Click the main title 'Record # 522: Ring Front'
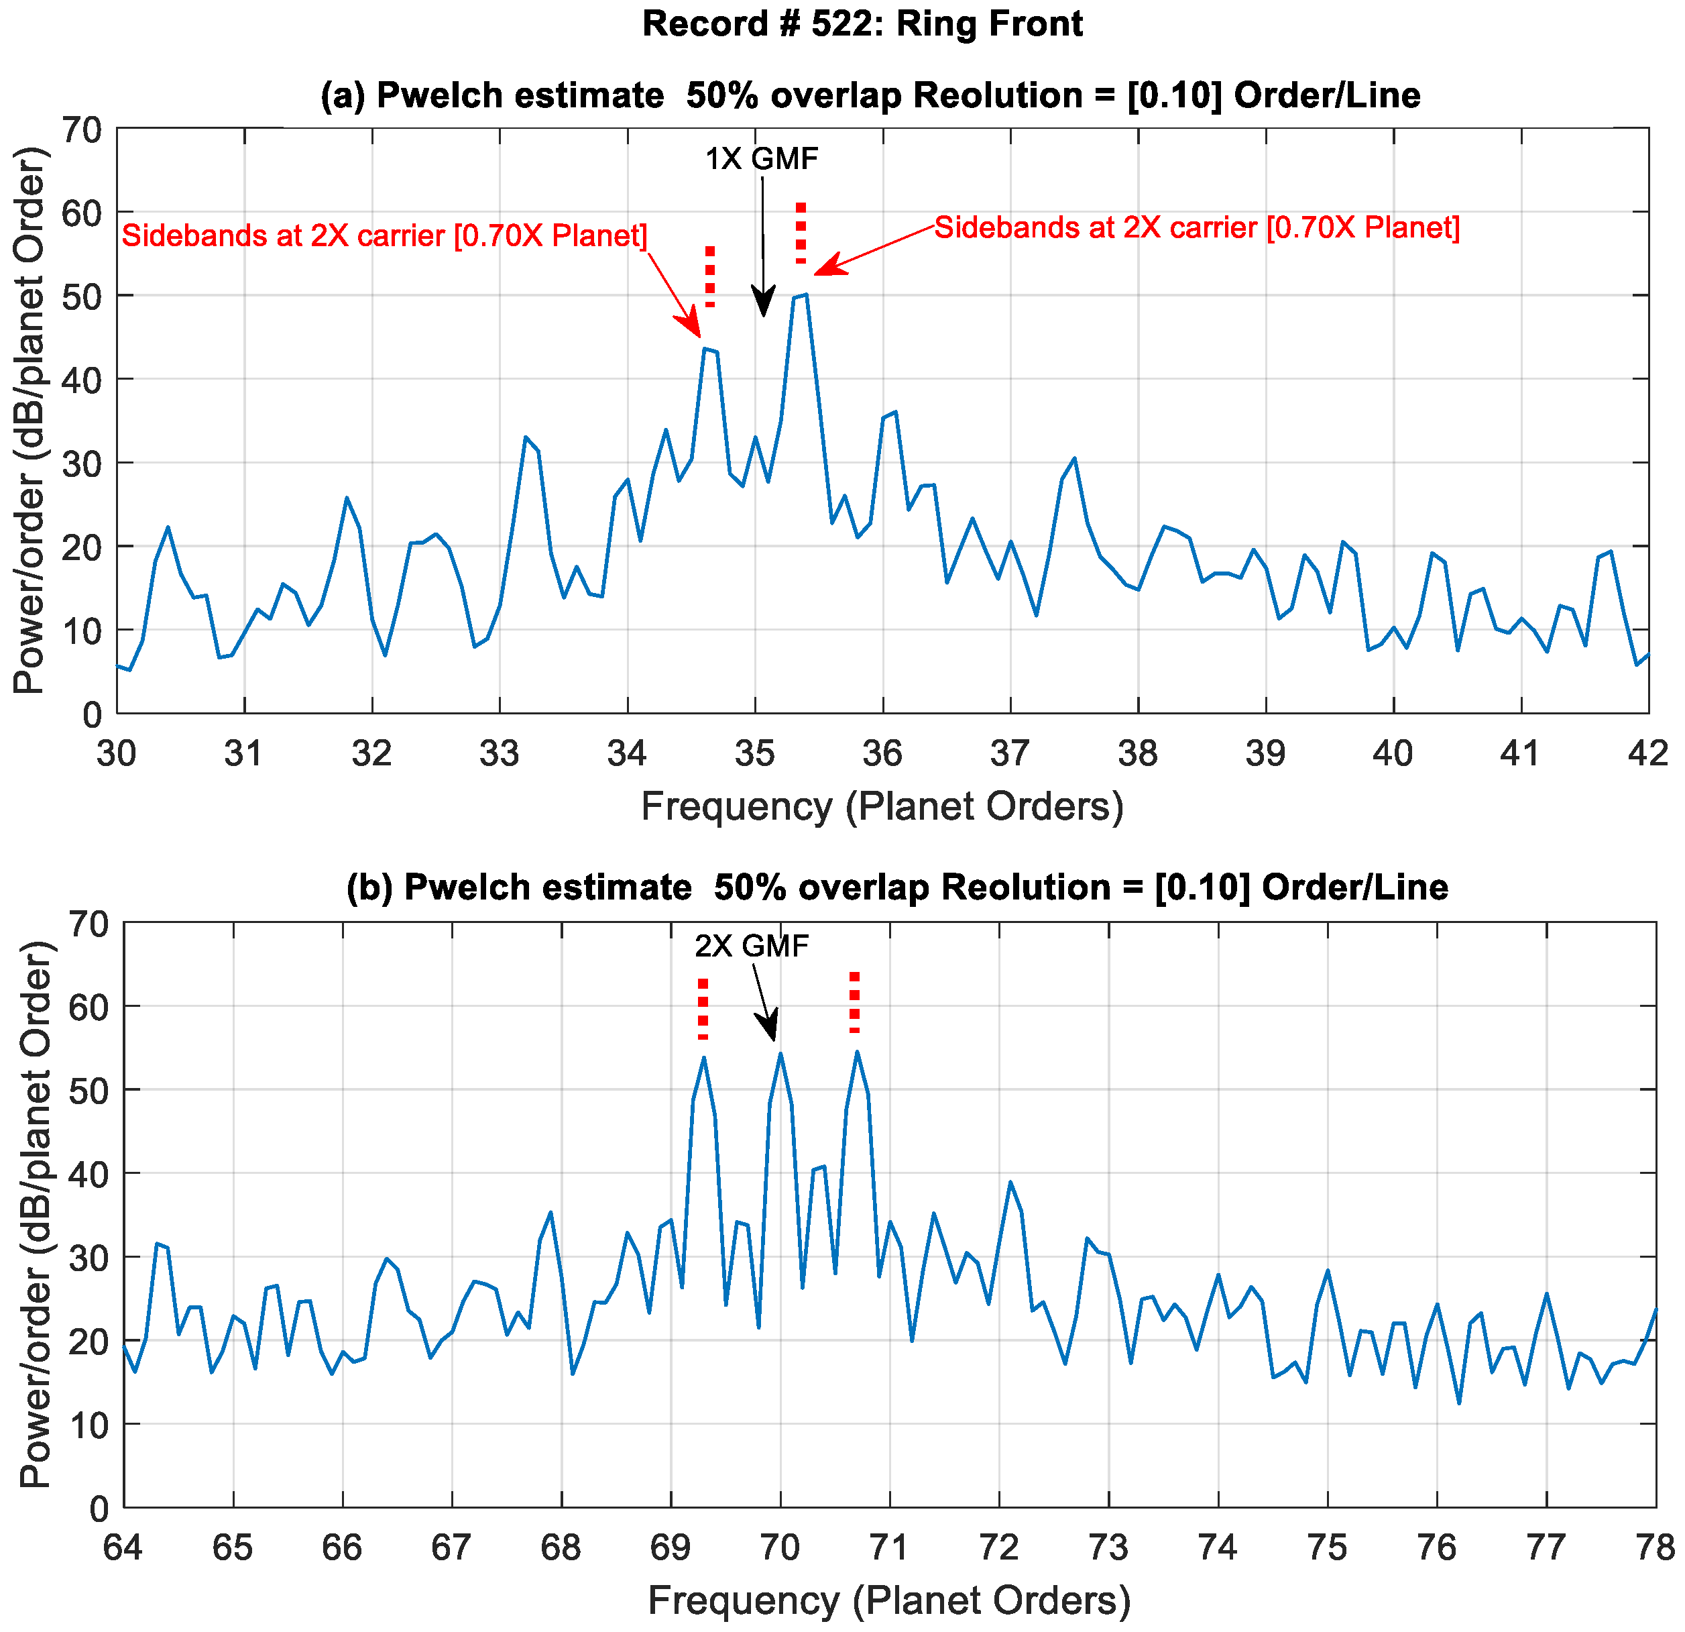coord(862,23)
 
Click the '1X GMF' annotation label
coord(762,159)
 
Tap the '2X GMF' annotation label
coord(752,946)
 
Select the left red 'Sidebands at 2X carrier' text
coord(384,235)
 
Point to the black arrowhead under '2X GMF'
coord(768,1027)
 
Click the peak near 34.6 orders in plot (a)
coord(705,349)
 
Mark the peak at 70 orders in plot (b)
coord(780,1053)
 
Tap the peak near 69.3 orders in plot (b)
coord(704,1058)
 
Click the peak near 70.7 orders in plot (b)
coord(857,1052)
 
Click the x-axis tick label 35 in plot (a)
coord(755,754)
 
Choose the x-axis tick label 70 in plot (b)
coord(780,1547)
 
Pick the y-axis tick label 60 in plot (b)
coord(86,1006)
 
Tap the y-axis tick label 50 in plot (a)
coord(82,296)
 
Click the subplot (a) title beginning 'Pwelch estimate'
coord(870,95)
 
